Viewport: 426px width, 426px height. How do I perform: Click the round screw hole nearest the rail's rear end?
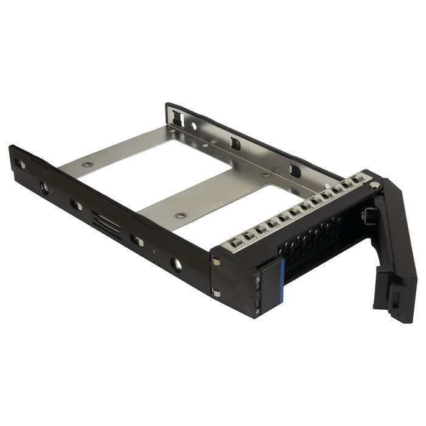pos(44,189)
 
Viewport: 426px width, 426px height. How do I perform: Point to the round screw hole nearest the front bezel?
pos(176,265)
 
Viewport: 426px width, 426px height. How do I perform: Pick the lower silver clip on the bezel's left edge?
pos(216,293)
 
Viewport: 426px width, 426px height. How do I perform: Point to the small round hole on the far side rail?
pos(194,127)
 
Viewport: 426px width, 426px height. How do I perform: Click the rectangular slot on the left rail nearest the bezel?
pos(137,242)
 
